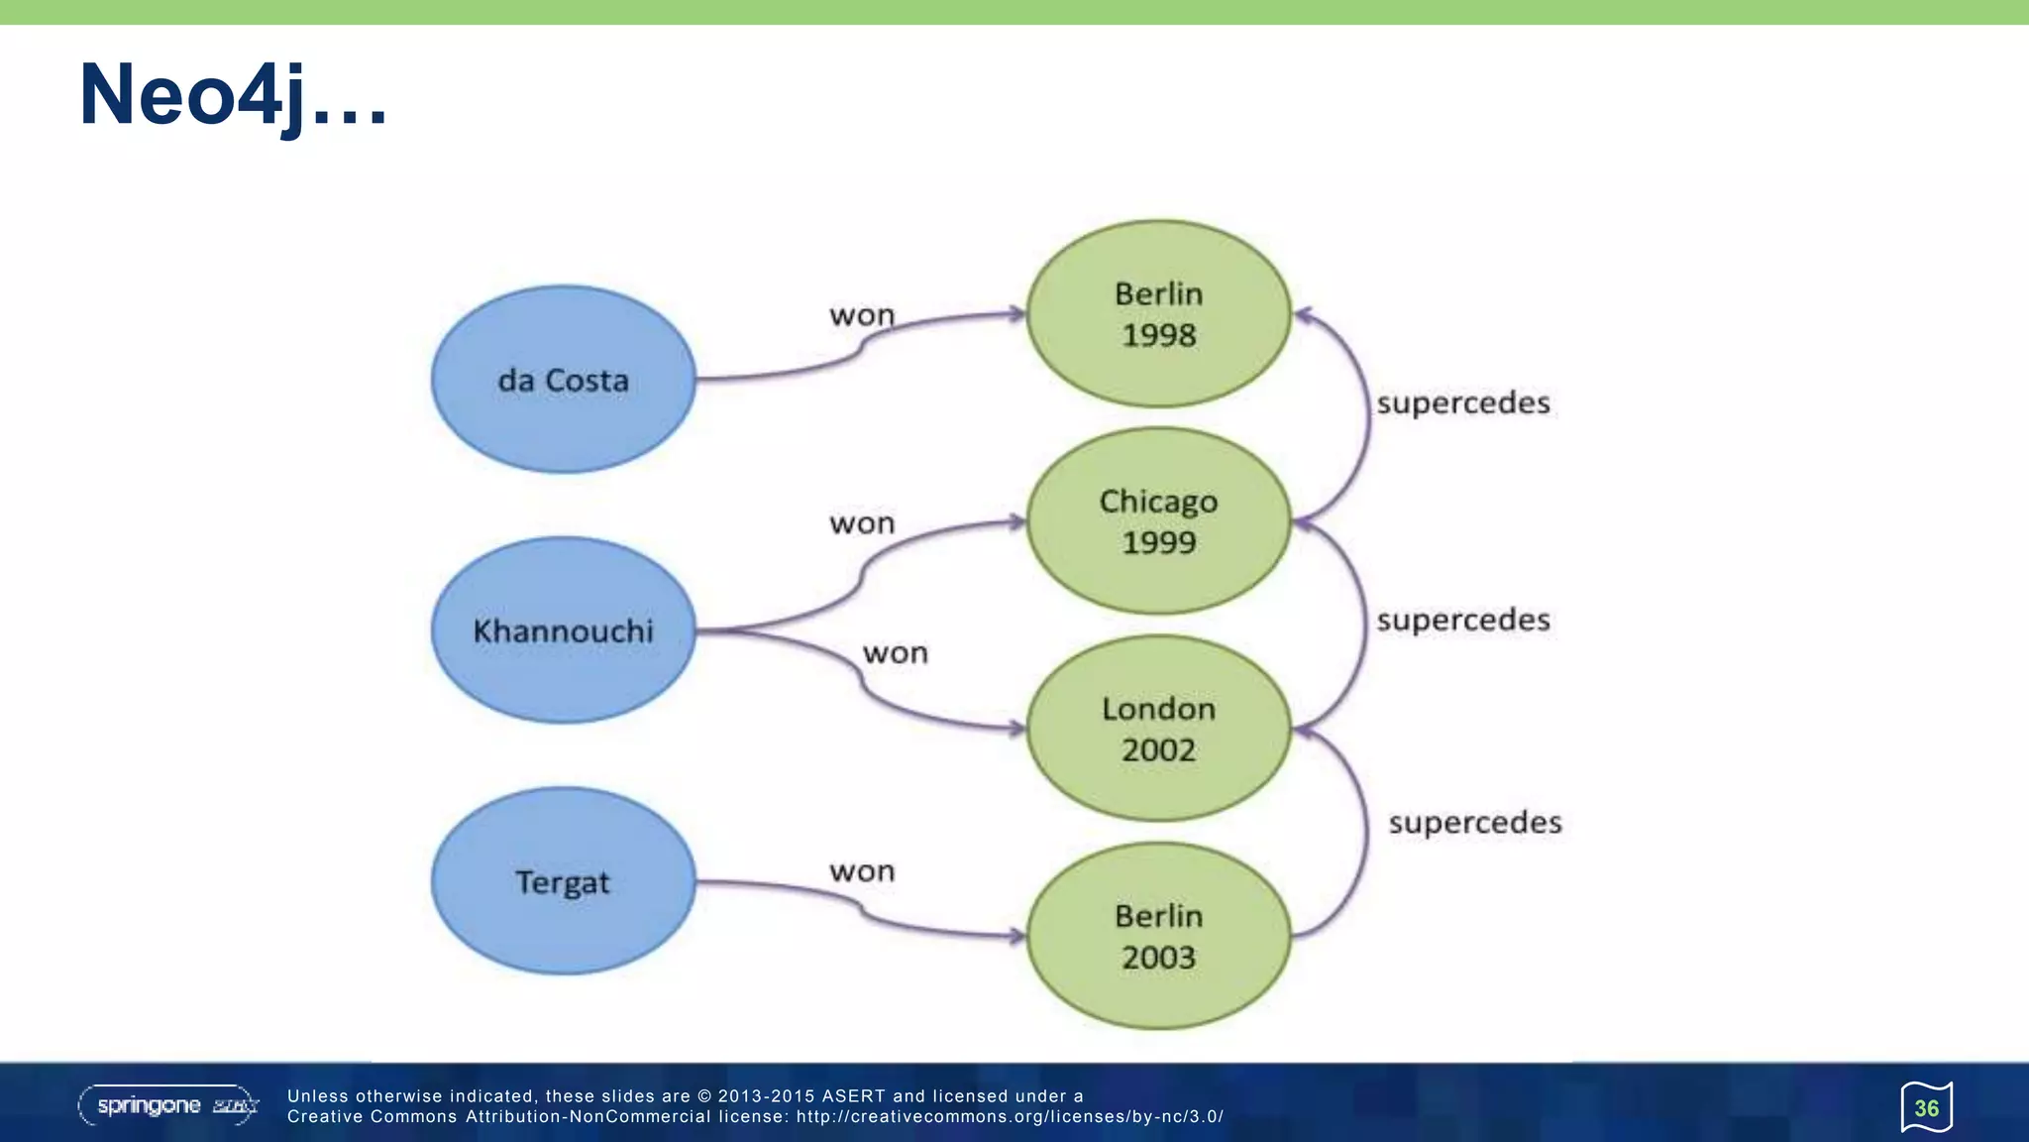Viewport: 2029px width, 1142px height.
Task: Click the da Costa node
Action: [x=563, y=380]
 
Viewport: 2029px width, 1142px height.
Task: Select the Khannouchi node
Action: [x=563, y=630]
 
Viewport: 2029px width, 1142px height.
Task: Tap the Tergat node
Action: [x=563, y=881]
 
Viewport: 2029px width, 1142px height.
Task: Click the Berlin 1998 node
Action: [x=1158, y=314]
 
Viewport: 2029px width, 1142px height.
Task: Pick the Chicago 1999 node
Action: [x=1158, y=521]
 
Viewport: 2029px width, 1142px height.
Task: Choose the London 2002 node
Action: [x=1158, y=729]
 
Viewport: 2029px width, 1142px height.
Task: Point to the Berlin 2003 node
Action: [x=1158, y=936]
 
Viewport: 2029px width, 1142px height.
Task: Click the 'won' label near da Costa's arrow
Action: [x=862, y=315]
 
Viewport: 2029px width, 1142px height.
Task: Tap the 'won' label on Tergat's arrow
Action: [x=862, y=871]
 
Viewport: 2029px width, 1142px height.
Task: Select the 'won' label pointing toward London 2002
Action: [x=896, y=653]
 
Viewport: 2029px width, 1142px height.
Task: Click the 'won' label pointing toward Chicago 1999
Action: [x=862, y=523]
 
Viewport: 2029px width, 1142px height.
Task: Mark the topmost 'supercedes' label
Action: [x=1463, y=403]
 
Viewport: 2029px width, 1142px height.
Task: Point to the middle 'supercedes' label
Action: [x=1463, y=621]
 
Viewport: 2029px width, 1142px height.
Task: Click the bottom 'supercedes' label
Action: [x=1475, y=823]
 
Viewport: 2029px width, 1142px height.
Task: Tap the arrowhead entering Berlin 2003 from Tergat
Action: [x=1016, y=935]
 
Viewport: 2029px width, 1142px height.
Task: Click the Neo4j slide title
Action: [x=233, y=95]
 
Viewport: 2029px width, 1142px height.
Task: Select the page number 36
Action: [x=1926, y=1107]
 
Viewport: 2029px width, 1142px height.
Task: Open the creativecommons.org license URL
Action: [x=1010, y=1117]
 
